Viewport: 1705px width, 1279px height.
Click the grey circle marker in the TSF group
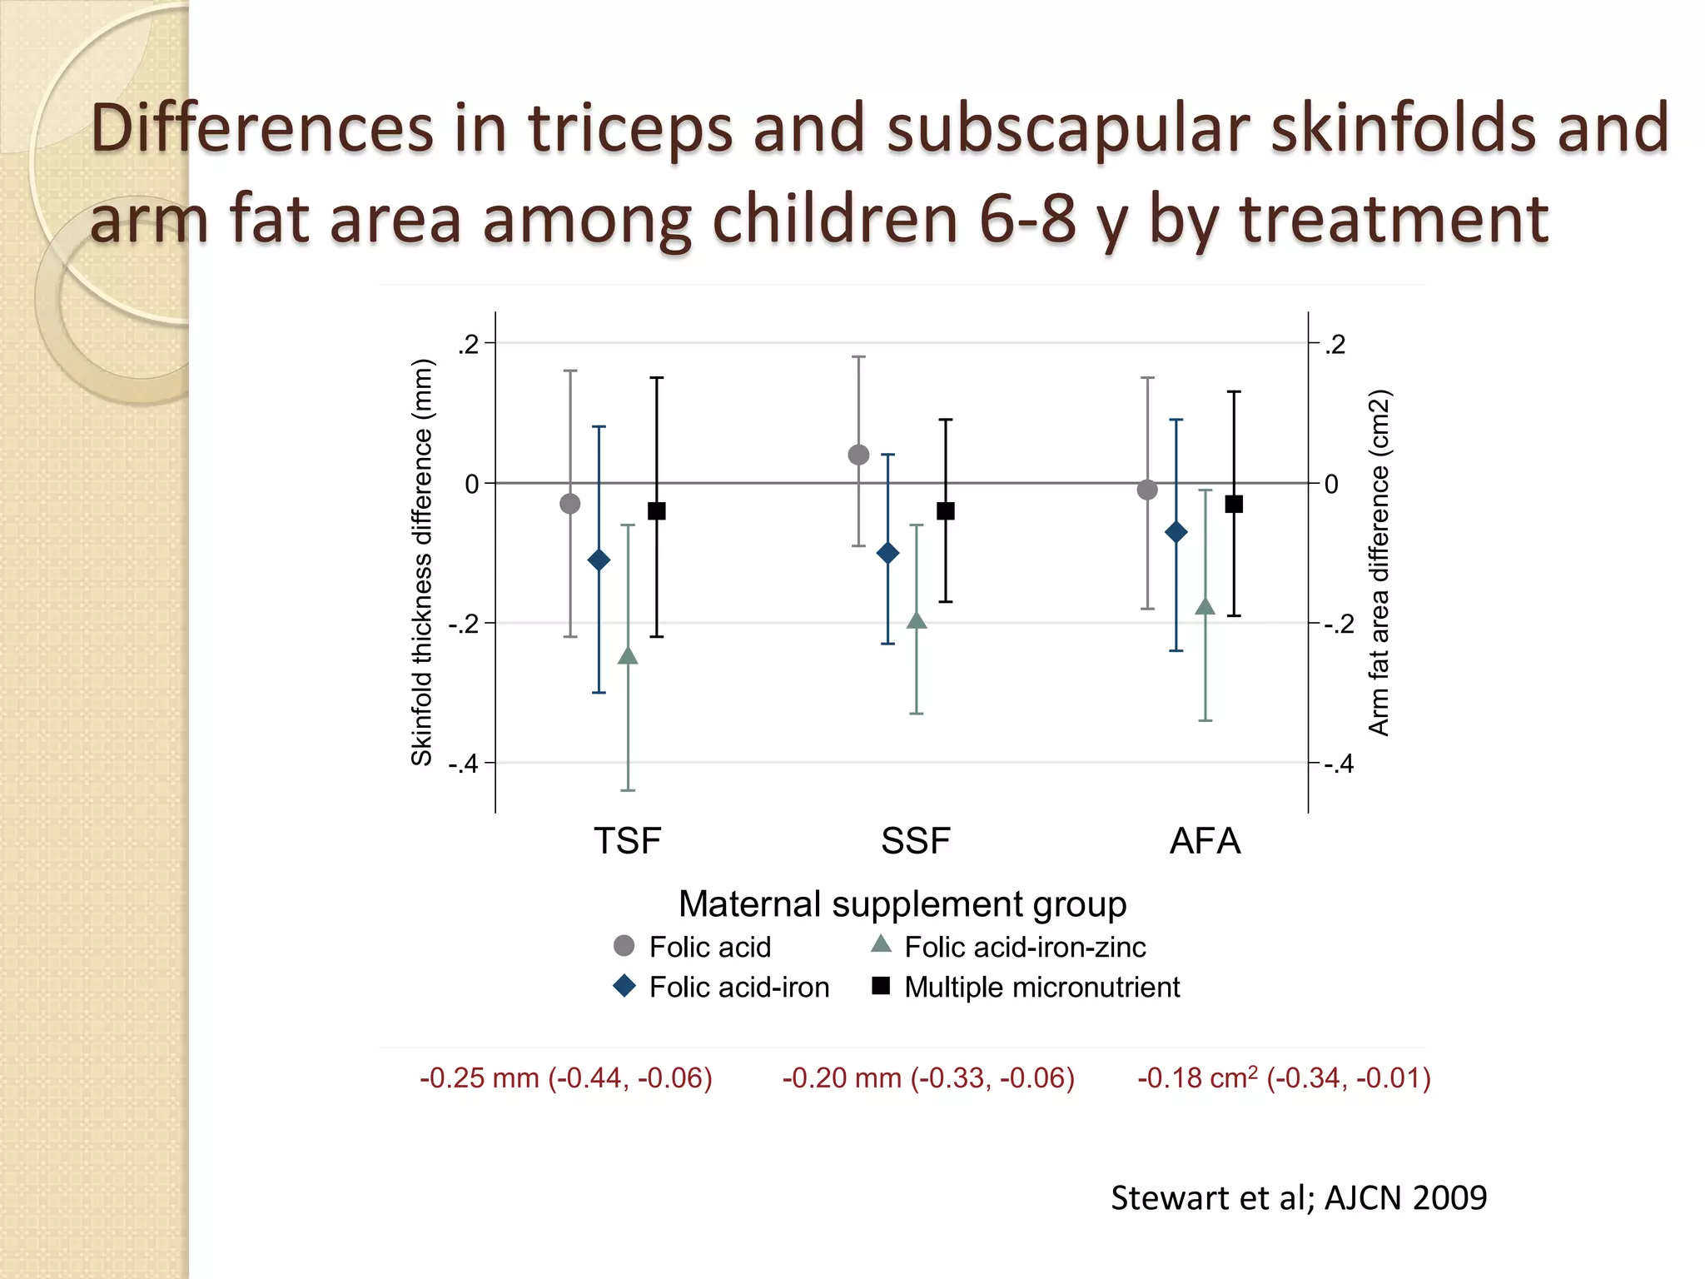click(570, 503)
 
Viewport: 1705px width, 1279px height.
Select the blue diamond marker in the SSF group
click(888, 553)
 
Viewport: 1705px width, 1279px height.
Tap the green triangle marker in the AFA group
click(1205, 607)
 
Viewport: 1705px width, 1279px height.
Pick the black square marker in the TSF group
click(657, 510)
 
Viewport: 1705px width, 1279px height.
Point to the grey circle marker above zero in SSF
click(858, 455)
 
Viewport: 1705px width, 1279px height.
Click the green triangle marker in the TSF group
click(628, 656)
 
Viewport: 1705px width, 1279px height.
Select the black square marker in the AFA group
click(1234, 504)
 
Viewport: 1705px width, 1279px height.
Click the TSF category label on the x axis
click(627, 841)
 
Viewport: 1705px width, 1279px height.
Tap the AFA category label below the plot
click(1205, 841)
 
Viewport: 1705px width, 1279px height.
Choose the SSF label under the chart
click(916, 841)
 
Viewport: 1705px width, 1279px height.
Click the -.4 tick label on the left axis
click(464, 764)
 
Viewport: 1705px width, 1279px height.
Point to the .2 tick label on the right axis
click(1335, 344)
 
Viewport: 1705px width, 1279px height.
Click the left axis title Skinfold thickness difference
click(422, 562)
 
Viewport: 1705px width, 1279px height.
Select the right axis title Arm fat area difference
click(1379, 562)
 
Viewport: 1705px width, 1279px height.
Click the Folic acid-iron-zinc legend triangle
click(881, 944)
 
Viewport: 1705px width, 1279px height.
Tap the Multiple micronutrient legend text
click(1041, 987)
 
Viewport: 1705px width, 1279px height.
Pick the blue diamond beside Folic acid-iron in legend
click(624, 987)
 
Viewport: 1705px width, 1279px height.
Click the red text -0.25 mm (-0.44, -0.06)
click(566, 1077)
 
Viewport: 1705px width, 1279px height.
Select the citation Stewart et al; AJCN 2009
click(1299, 1197)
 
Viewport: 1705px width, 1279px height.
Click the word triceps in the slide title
click(630, 128)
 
